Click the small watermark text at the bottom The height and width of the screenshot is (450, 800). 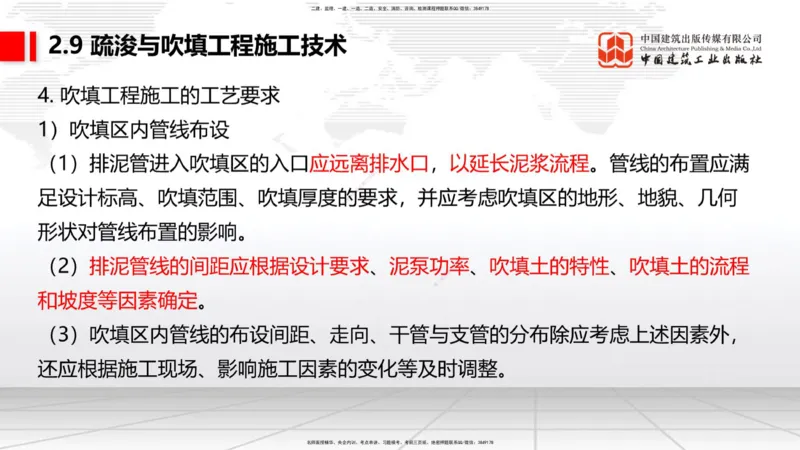click(399, 442)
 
